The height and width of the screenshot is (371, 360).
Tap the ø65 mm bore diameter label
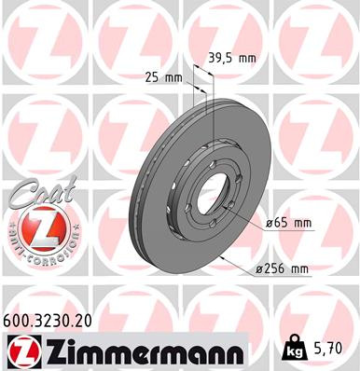tap(288, 224)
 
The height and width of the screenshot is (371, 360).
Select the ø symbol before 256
tap(262, 269)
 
